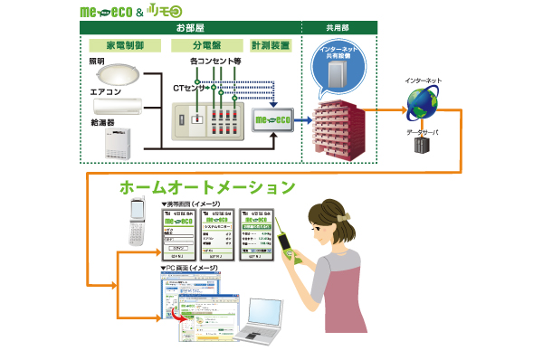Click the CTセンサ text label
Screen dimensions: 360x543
point(188,88)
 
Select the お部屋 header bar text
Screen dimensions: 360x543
point(190,27)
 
